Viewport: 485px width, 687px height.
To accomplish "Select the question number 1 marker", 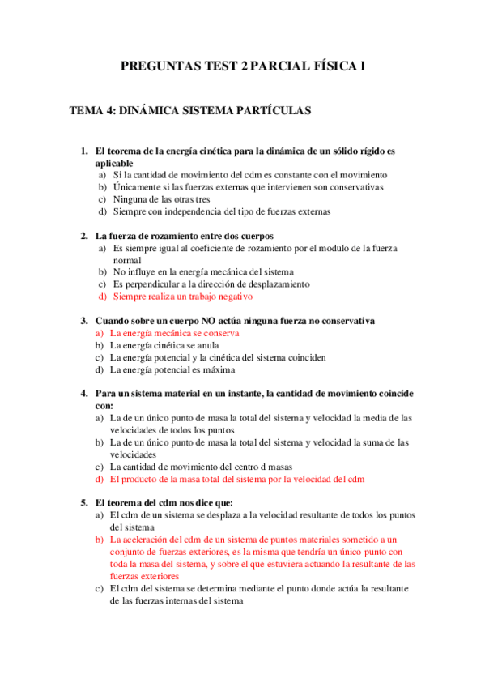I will pyautogui.click(x=83, y=151).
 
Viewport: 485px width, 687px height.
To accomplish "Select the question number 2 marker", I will pyautogui.click(x=83, y=236).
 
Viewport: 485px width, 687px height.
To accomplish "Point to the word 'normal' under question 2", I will pyautogui.click(x=128, y=260).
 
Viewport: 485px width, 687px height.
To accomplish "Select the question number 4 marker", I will pyautogui.click(x=83, y=394).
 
